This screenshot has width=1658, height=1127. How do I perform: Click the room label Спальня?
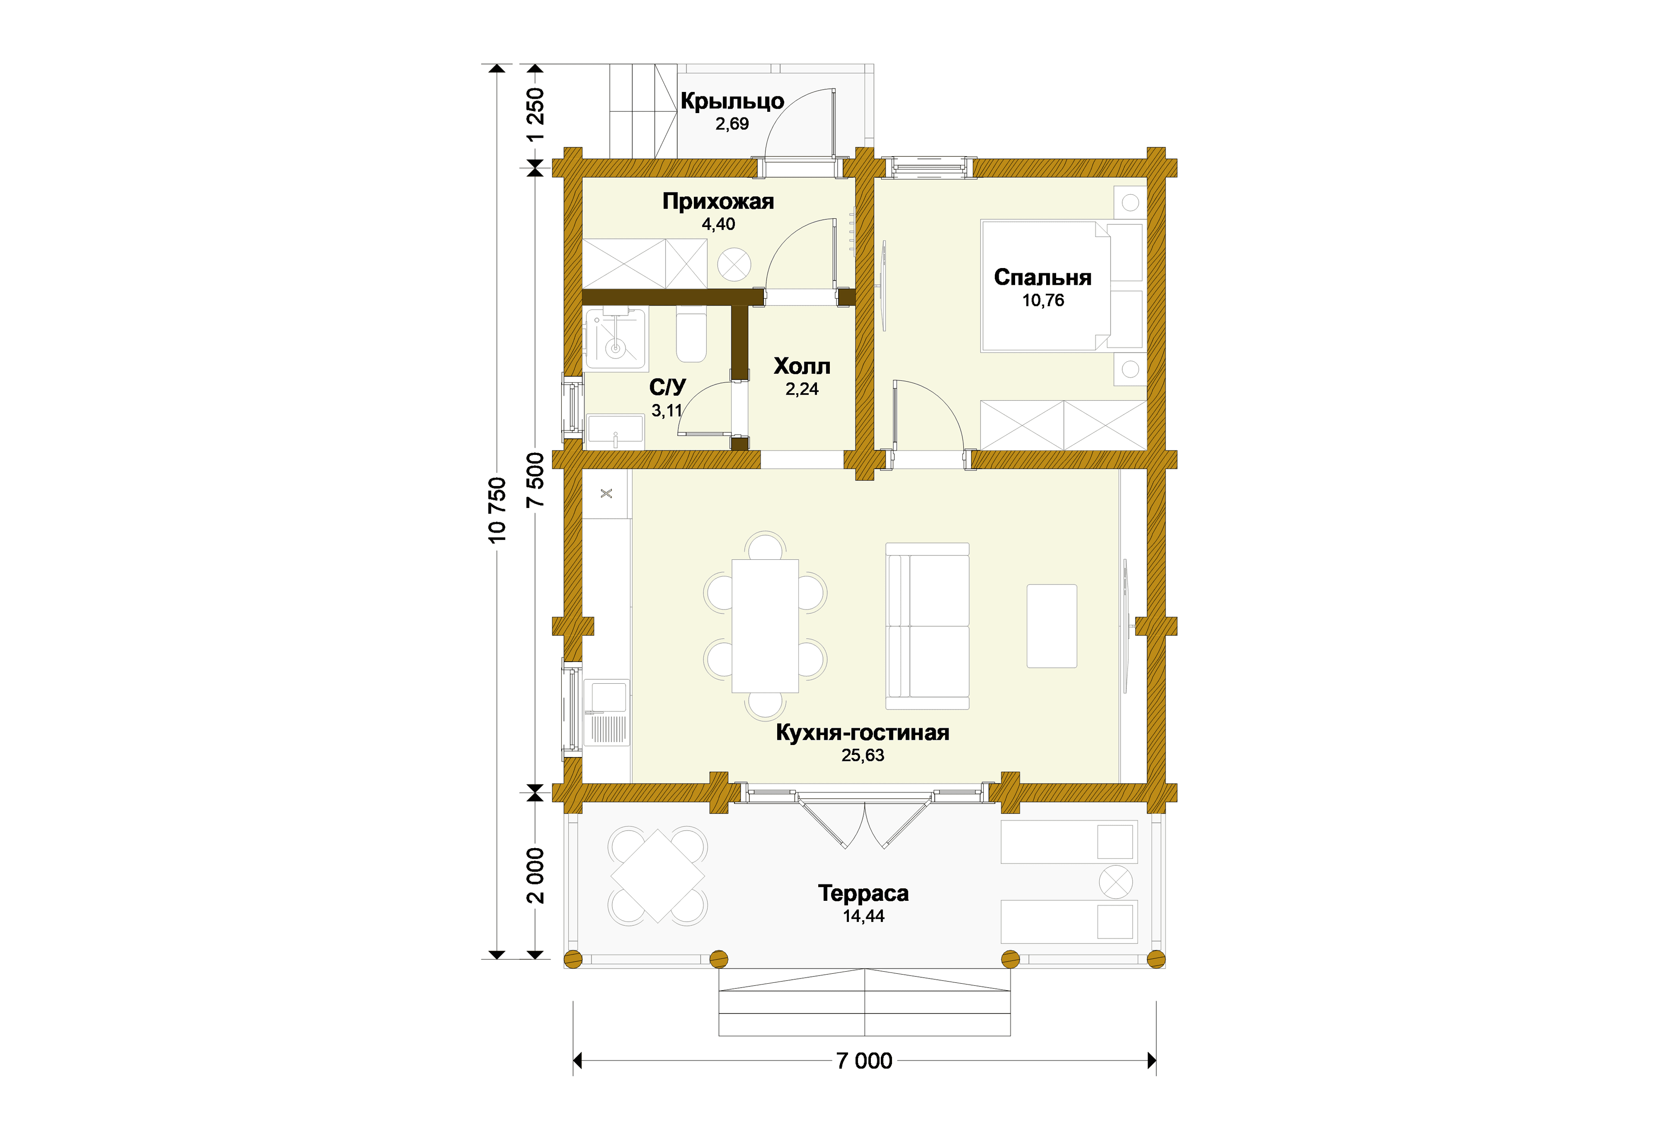1042,278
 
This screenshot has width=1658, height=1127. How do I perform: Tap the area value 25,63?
863,755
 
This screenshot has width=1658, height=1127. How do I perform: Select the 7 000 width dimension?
864,1061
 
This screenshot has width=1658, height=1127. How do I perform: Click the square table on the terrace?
658,876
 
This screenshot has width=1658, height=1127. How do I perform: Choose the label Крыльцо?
732,101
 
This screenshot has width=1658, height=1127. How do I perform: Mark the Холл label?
802,366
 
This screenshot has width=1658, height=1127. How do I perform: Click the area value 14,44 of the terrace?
863,917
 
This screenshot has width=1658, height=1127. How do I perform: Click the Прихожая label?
718,202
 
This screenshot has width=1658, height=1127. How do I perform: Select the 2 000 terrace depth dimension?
535,875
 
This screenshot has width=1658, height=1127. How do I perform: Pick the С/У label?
667,387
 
